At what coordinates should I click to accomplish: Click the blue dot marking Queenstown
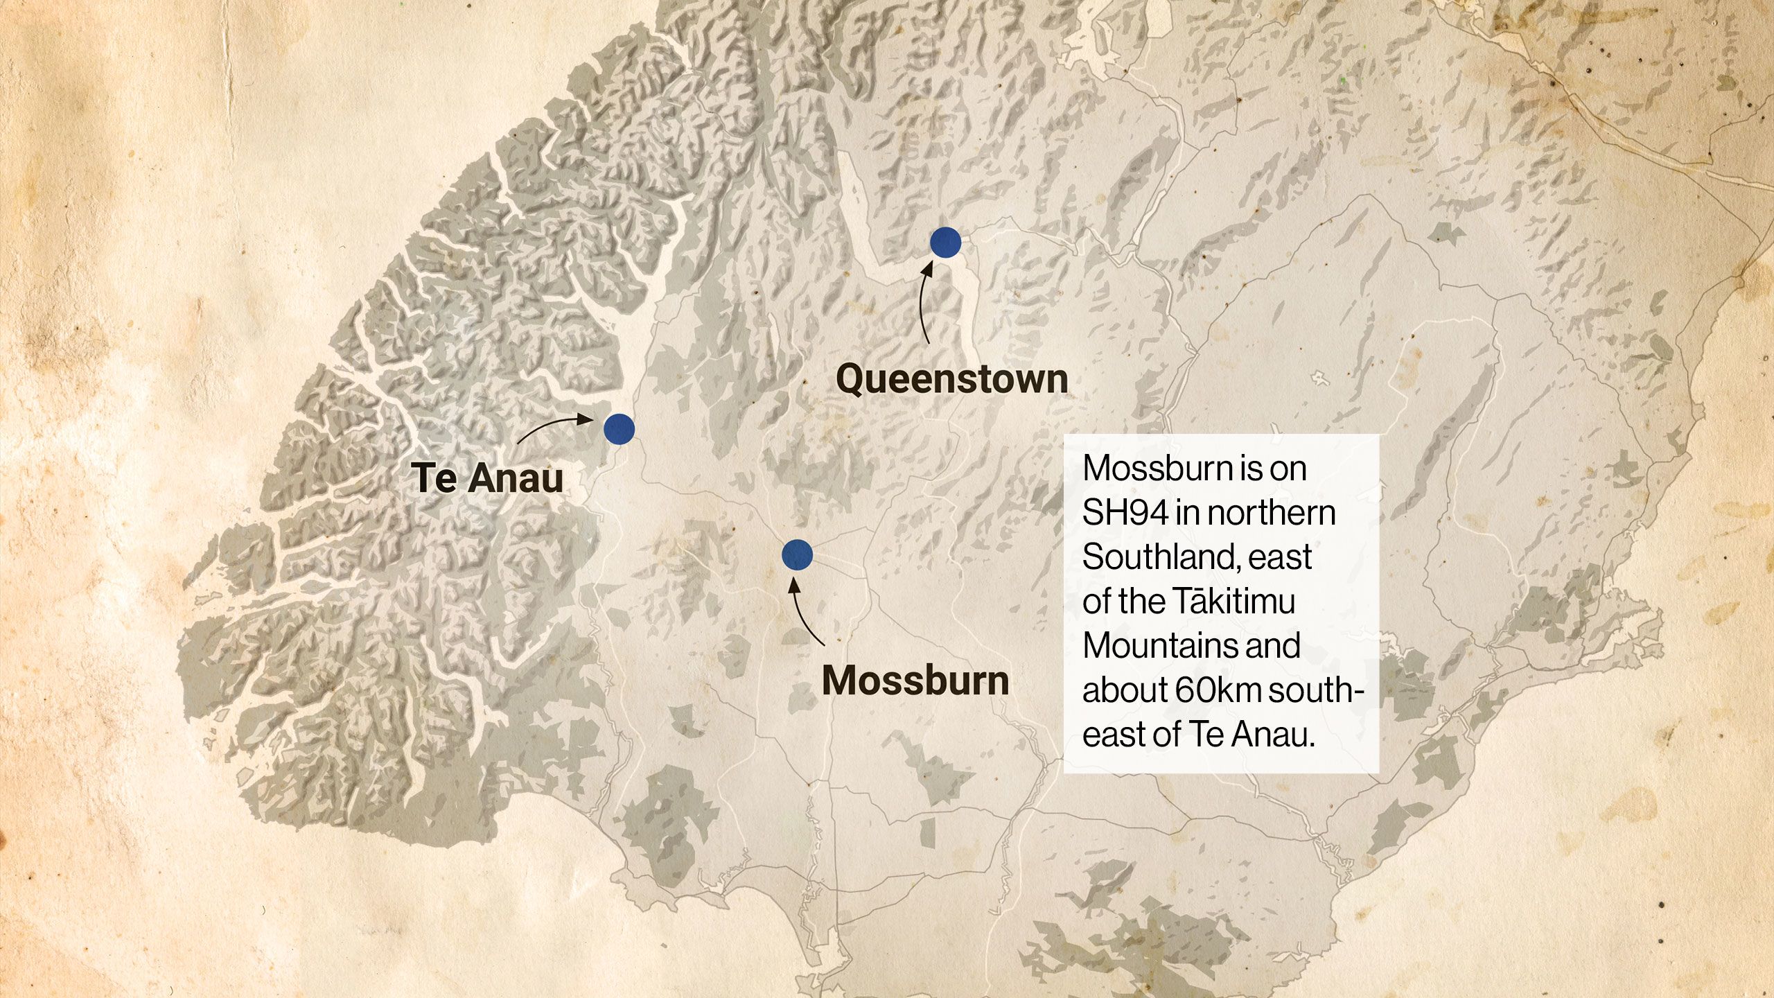945,243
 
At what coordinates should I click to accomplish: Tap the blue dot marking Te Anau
619,429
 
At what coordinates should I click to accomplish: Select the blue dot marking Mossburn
797,554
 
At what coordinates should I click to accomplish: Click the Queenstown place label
951,379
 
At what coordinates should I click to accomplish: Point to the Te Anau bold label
487,478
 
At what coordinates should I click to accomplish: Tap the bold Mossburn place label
915,681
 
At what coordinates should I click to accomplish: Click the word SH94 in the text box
1124,513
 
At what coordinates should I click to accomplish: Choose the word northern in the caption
1272,513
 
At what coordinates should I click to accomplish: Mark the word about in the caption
1124,690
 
